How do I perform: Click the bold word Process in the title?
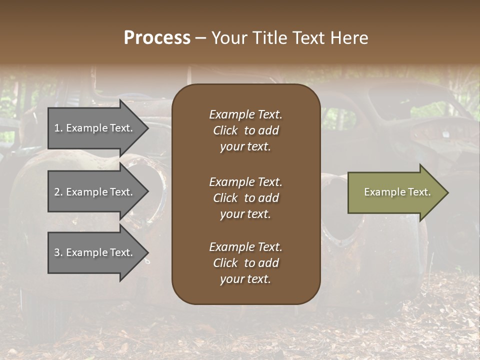pos(157,38)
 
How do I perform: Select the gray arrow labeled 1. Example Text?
pos(95,128)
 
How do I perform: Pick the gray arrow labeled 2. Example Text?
pos(95,192)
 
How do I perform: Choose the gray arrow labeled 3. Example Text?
pos(95,252)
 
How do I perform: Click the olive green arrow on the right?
pos(395,192)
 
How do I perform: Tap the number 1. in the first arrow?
pos(58,128)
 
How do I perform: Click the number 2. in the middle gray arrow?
pos(58,192)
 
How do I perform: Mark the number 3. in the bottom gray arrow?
pos(58,252)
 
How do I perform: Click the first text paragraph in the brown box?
pos(245,130)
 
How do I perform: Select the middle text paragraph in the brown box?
pos(245,198)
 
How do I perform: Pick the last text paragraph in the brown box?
pos(245,263)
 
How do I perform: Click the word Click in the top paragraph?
pos(225,130)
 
